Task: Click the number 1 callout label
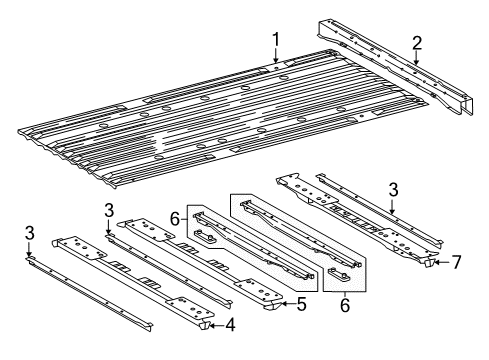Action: [x=274, y=40]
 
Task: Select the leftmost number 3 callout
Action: [x=29, y=233]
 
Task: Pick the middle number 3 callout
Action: [x=108, y=208]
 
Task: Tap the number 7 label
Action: [x=456, y=262]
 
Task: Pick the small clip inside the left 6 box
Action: [x=206, y=238]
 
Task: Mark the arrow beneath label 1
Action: [x=274, y=57]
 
